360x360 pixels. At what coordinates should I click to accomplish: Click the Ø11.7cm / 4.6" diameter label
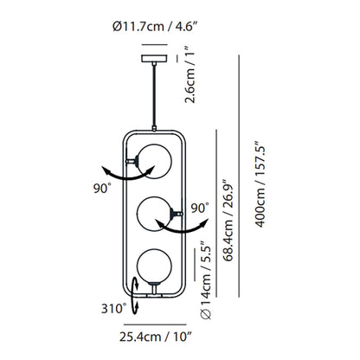click(x=155, y=27)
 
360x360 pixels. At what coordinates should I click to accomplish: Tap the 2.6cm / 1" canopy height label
click(x=190, y=74)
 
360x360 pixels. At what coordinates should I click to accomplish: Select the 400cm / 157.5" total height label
click(x=260, y=184)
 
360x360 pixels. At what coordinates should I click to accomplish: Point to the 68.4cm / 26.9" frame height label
click(x=228, y=220)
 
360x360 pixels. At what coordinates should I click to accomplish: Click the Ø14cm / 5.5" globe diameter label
click(x=206, y=280)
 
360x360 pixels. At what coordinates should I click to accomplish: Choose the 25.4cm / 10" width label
click(x=156, y=337)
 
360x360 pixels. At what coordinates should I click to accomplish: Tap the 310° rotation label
click(x=113, y=309)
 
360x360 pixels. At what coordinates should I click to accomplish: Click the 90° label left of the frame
click(x=102, y=189)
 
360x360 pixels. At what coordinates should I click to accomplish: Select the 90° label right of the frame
click(x=200, y=208)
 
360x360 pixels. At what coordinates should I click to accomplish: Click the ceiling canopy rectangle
click(x=154, y=58)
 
